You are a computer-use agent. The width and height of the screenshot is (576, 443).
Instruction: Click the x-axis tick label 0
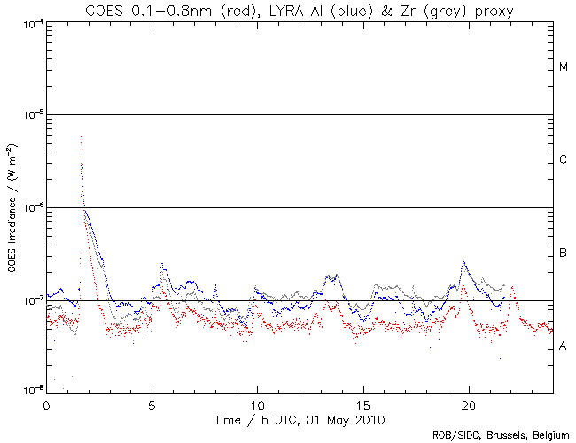(46, 403)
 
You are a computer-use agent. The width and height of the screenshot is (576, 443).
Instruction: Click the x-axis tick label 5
(152, 403)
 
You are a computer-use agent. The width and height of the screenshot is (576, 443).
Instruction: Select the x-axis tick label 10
(257, 403)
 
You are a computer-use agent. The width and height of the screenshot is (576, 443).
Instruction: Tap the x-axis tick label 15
(362, 403)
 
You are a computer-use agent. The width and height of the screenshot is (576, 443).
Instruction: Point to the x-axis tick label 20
(468, 403)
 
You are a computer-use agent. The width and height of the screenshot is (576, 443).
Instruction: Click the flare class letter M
(563, 67)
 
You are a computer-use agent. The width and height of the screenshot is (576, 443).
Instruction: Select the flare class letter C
(563, 160)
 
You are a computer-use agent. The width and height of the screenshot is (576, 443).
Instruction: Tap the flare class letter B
(563, 253)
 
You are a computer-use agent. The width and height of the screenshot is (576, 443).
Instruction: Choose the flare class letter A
(563, 346)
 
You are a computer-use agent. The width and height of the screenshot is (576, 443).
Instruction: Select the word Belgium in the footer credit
(549, 435)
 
